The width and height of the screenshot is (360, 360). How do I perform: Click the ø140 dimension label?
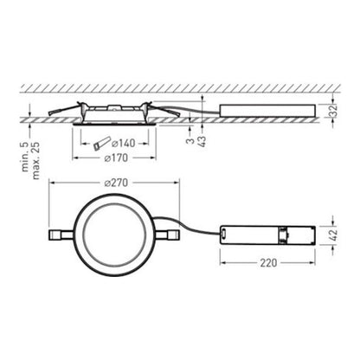click(x=123, y=143)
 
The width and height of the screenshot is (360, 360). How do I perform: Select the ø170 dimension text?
click(x=116, y=157)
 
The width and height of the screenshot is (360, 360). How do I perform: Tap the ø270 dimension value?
click(x=116, y=183)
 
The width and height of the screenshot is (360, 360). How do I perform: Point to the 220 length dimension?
click(x=268, y=263)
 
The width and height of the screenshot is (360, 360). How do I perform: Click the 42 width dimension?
click(x=333, y=235)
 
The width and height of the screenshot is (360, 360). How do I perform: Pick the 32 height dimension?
click(x=333, y=110)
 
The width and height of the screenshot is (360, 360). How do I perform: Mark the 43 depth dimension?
click(x=202, y=141)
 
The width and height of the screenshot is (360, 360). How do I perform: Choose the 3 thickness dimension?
click(x=190, y=141)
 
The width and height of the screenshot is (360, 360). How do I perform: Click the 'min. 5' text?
click(x=26, y=157)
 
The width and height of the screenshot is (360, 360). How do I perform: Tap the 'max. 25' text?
click(x=35, y=160)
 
